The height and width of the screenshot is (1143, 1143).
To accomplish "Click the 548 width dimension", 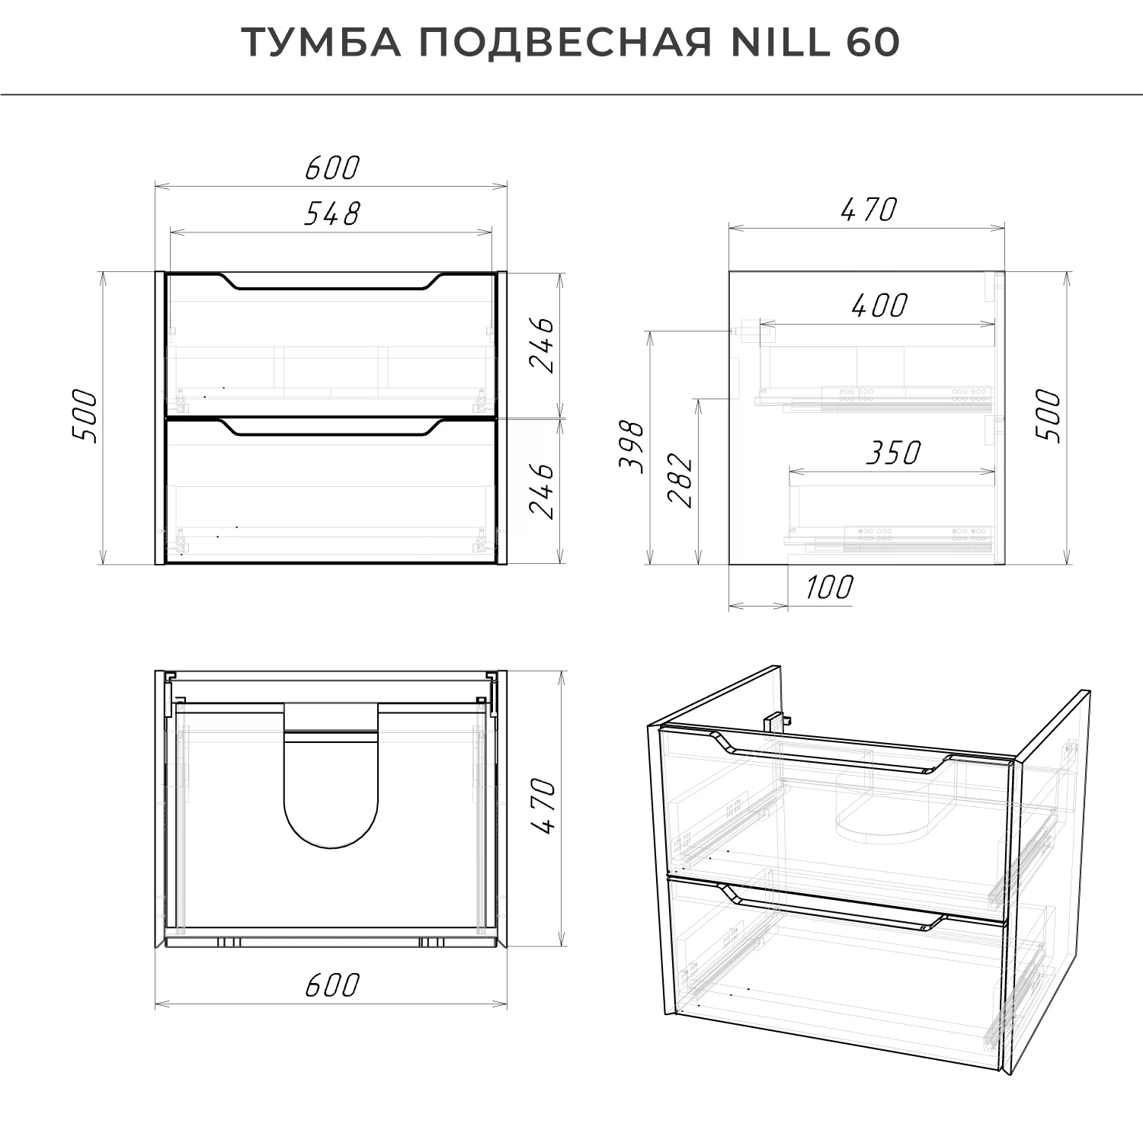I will (x=331, y=214).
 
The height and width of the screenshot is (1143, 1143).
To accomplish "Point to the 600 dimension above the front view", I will (x=331, y=168).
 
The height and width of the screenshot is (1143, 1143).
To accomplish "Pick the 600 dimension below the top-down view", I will (x=331, y=985).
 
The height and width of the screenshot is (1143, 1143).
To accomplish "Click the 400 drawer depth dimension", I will (x=879, y=306).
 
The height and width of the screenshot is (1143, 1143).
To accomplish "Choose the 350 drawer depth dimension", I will (x=893, y=453).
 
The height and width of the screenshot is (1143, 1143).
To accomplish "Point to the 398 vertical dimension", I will (x=632, y=447).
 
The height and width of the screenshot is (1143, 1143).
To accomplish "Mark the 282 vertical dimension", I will (x=680, y=480).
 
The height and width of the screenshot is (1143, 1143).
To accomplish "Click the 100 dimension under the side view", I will (x=829, y=588).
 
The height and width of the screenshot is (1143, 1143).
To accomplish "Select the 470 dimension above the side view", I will (x=869, y=210).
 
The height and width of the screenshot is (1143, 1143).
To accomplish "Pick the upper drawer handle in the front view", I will (x=331, y=283).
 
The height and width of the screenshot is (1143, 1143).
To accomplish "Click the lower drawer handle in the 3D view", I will (x=834, y=908).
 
